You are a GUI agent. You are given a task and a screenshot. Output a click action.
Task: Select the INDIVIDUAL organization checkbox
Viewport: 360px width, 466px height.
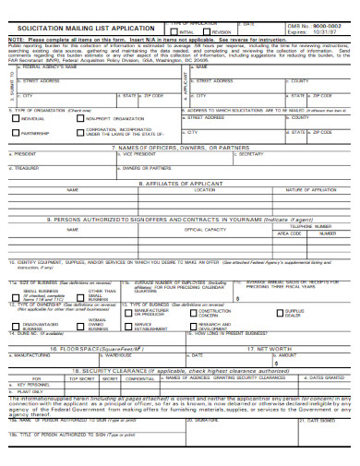click(15, 118)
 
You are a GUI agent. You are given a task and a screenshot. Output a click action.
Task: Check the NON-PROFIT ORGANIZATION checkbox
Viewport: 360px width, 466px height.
click(79, 118)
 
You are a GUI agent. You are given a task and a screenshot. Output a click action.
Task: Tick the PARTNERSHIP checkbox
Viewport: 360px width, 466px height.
click(15, 132)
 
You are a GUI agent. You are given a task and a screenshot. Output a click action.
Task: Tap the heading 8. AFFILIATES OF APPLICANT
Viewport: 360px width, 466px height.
click(179, 183)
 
